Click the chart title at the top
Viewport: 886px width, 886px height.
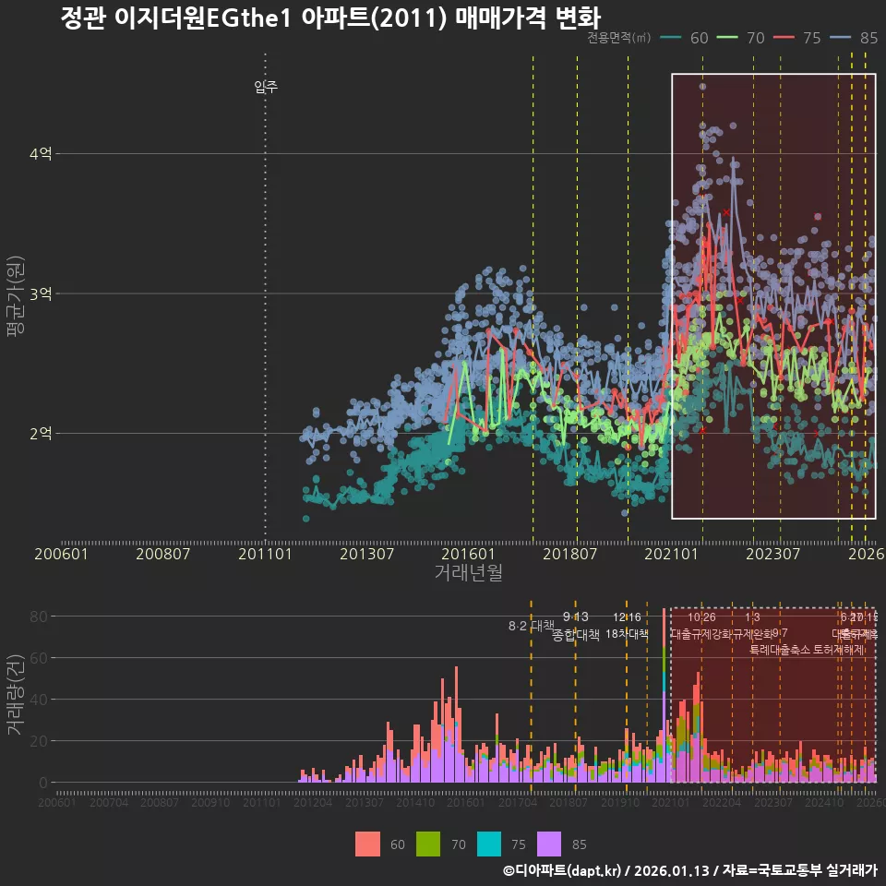click(329, 18)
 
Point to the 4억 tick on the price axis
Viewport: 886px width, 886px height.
click(41, 154)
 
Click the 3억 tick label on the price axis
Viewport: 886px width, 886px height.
click(41, 294)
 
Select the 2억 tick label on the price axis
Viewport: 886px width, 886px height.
click(41, 434)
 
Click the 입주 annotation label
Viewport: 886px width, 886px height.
click(266, 88)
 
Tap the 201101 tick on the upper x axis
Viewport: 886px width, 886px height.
click(266, 554)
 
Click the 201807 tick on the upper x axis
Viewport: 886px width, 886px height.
click(569, 554)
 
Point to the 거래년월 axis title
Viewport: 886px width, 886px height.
click(468, 572)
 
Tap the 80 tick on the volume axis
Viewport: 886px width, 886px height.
click(38, 617)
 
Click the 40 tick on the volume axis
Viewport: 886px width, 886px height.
click(38, 700)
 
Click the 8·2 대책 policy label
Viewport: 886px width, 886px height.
click(531, 626)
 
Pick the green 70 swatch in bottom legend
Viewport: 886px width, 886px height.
click(427, 844)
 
